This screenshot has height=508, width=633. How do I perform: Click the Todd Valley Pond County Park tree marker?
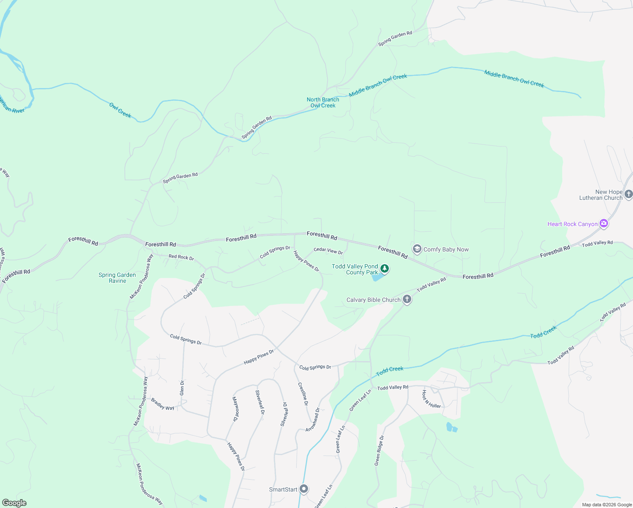click(385, 268)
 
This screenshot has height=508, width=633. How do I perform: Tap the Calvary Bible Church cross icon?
click(407, 300)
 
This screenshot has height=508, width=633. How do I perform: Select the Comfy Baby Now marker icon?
click(417, 249)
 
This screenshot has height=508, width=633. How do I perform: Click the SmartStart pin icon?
click(304, 489)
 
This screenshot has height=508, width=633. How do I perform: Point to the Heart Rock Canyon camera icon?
click(604, 224)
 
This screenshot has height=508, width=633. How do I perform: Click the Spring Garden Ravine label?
click(117, 278)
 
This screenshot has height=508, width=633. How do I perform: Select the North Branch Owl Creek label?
click(323, 102)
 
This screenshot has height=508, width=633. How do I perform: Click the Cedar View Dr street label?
click(328, 251)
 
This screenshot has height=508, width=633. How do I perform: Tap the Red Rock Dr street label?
click(181, 257)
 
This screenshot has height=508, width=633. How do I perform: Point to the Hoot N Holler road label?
click(431, 400)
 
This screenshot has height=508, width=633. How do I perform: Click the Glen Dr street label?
click(182, 388)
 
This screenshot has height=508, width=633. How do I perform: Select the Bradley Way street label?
click(162, 404)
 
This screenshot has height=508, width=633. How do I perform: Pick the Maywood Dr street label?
click(235, 409)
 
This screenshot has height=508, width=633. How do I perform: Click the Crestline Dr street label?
click(303, 394)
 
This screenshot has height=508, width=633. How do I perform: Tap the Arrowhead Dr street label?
click(313, 420)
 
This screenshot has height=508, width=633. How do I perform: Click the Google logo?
click(14, 503)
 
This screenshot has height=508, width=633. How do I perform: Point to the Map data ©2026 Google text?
click(606, 505)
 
